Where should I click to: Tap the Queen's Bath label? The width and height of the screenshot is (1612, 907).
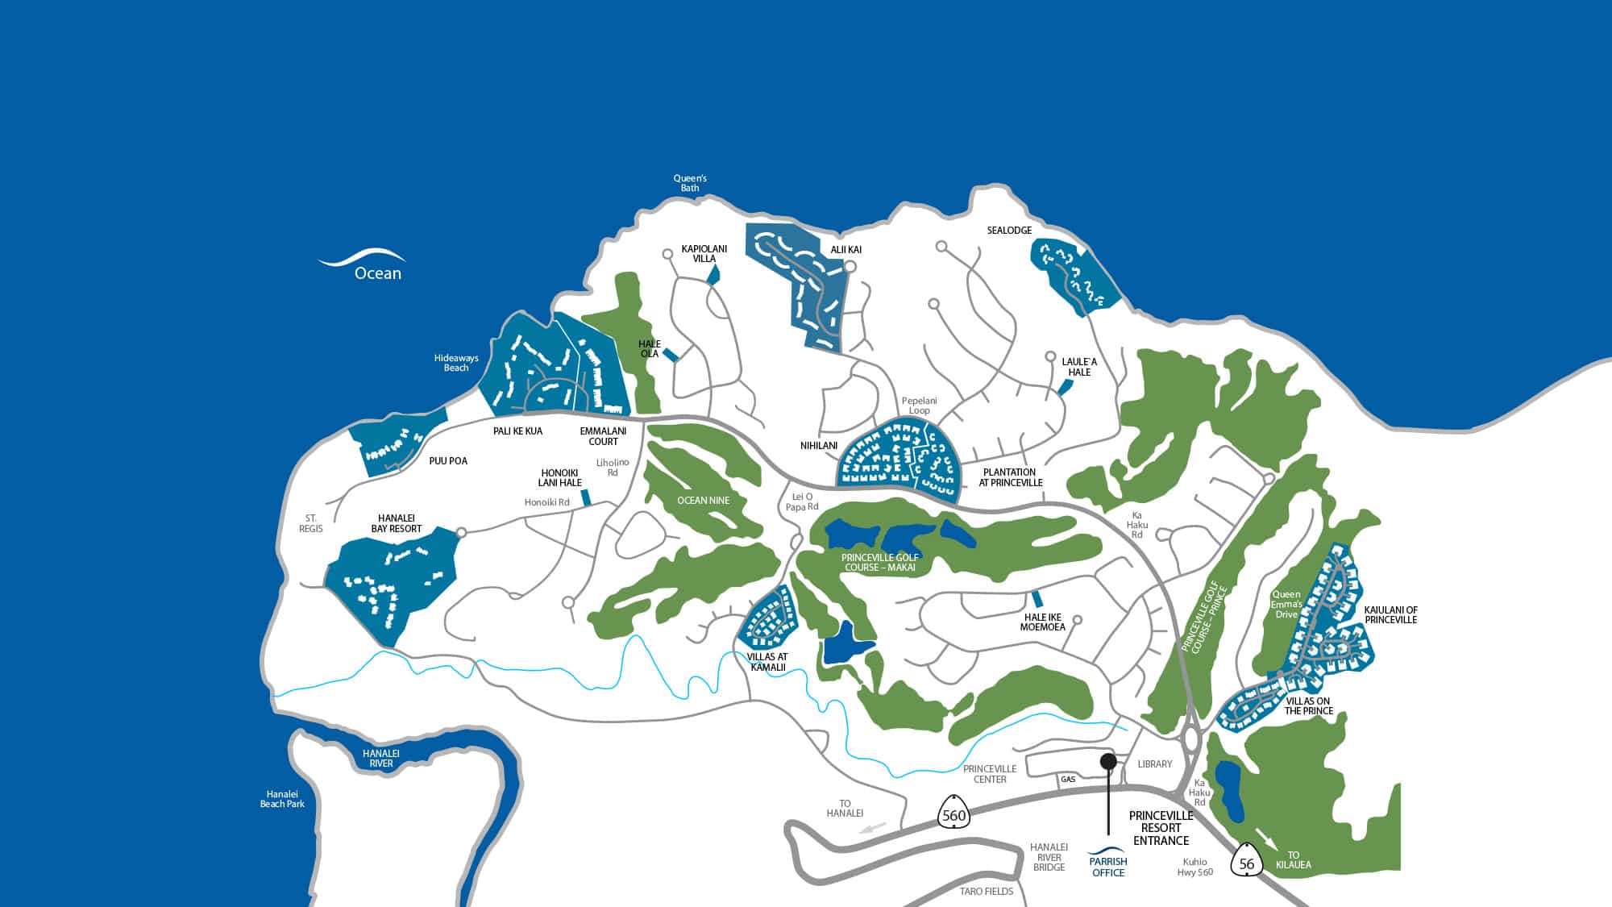[690, 183]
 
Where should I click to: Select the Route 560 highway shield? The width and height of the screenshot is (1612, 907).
[953, 814]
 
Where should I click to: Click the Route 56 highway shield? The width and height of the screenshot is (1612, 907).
[1247, 863]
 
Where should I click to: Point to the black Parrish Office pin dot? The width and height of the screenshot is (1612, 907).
[1108, 760]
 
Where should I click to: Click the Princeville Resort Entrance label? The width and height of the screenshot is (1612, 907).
[1161, 828]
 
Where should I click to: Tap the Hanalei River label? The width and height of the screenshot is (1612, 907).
[381, 758]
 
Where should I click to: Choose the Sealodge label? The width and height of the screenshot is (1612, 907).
[1009, 231]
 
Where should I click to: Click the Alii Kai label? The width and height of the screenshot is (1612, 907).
[845, 250]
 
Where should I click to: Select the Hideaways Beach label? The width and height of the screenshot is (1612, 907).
[456, 363]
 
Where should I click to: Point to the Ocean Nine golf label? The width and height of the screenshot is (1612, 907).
[703, 501]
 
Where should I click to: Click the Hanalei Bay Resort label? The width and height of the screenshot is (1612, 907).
[396, 523]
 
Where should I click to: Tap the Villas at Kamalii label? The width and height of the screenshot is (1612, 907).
[767, 662]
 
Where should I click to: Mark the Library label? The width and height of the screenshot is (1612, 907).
[1154, 763]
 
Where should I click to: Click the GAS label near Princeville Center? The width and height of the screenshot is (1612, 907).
[1068, 780]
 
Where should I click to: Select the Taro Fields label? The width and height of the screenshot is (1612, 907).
[987, 892]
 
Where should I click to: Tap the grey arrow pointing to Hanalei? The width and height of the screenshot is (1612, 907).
[875, 828]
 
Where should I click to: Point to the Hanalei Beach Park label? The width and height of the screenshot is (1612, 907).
[282, 799]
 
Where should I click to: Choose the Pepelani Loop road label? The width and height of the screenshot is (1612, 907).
[920, 406]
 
